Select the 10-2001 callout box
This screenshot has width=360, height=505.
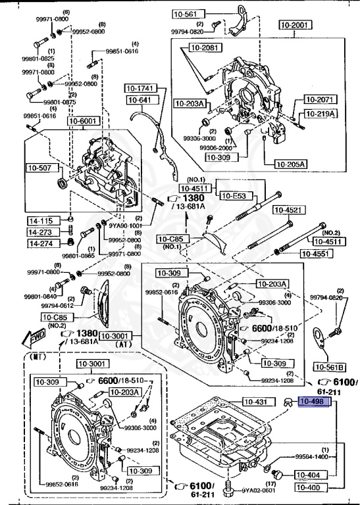(x=294, y=24)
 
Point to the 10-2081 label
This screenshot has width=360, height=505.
(x=205, y=47)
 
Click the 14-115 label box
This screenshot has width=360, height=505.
(x=38, y=220)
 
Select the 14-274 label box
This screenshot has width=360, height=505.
(x=38, y=243)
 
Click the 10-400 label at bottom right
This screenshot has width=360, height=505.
(x=308, y=487)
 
